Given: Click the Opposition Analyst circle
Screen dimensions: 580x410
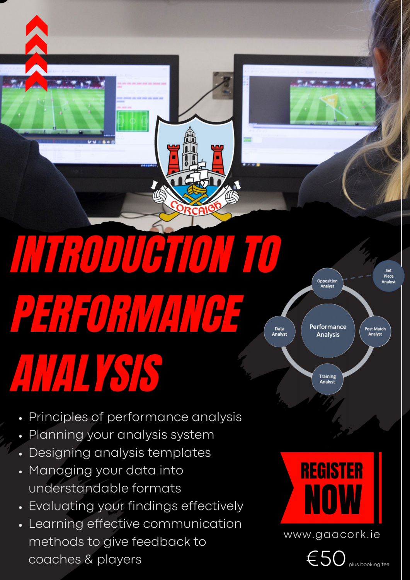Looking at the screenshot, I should pyautogui.click(x=327, y=283).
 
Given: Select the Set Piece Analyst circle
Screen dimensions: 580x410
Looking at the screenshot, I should pyautogui.click(x=388, y=276).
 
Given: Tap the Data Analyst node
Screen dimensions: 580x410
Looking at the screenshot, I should pyautogui.click(x=279, y=331).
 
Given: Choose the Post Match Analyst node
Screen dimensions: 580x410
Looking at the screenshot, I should pyautogui.click(x=375, y=331).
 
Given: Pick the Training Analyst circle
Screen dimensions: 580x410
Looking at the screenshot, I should pyautogui.click(x=327, y=379).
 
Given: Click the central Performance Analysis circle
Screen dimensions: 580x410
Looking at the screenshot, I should pyautogui.click(x=328, y=331).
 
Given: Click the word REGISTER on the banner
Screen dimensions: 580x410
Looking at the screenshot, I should pyautogui.click(x=332, y=471).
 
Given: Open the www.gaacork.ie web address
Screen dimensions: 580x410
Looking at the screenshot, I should pyautogui.click(x=332, y=534).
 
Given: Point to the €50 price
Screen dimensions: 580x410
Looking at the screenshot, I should pyautogui.click(x=326, y=558).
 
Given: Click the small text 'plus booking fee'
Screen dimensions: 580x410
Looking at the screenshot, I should pyautogui.click(x=369, y=565).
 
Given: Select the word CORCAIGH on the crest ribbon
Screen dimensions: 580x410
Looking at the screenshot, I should pyautogui.click(x=196, y=208).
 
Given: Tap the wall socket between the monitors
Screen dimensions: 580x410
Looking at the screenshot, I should pyautogui.click(x=223, y=85).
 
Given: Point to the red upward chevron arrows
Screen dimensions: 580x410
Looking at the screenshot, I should pyautogui.click(x=36, y=53).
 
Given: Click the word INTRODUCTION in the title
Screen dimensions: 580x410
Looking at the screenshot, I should pyautogui.click(x=122, y=254).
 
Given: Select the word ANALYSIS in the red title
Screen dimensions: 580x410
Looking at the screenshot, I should pyautogui.click(x=86, y=373).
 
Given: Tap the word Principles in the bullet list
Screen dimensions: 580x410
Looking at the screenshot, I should pyautogui.click(x=58, y=417).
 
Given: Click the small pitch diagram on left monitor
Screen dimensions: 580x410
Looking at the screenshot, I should pyautogui.click(x=133, y=121).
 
